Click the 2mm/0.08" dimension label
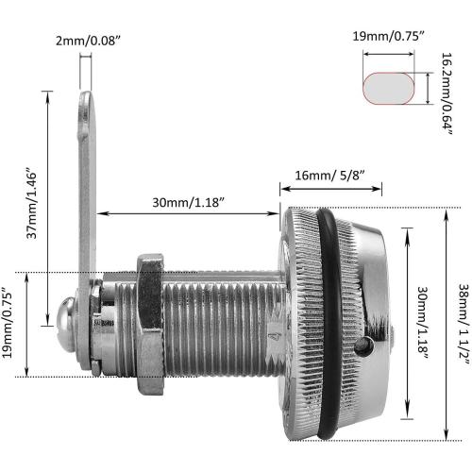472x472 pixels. click(88, 41)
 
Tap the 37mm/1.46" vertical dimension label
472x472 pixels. click(31, 205)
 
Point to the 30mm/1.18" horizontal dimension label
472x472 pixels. click(188, 202)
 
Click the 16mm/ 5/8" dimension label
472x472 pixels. click(329, 176)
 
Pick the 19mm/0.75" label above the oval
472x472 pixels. click(388, 37)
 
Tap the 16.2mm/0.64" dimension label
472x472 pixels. click(447, 93)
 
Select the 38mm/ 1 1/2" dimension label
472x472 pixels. click(464, 325)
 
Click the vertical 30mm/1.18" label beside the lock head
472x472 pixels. click(422, 323)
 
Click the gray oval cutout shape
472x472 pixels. click(389, 89)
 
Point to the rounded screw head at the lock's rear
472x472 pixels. click(65, 325)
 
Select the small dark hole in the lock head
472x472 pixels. click(364, 346)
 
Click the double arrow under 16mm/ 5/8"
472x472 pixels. click(330, 189)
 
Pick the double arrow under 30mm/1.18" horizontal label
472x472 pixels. click(188, 213)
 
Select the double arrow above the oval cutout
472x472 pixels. click(389, 54)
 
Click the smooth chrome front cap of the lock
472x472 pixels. click(375, 314)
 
